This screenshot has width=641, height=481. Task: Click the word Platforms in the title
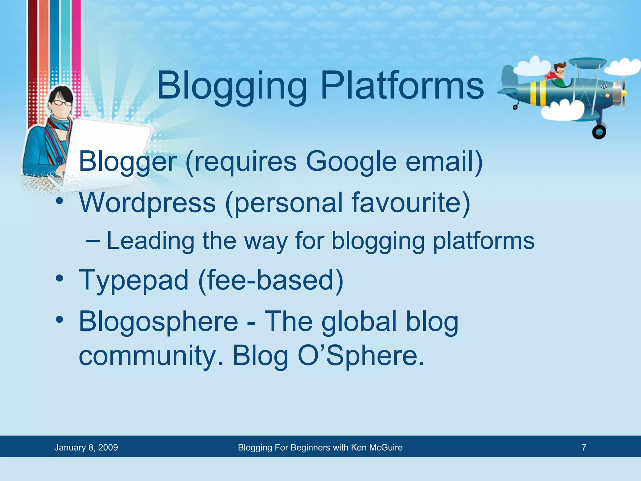pos(402,85)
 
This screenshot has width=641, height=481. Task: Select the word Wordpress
pos(147,203)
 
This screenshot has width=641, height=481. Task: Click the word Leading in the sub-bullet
pos(151,241)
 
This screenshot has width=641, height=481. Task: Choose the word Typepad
pos(134,281)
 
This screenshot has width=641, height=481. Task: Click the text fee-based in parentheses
pos(271,280)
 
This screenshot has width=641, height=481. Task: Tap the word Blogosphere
pos(158,322)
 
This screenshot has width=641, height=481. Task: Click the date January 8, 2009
pos(86,447)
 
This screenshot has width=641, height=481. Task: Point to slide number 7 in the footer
pos(584,447)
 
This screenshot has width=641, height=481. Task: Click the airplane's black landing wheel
pos(599,132)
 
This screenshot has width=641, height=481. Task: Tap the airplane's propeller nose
pos(623,93)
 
